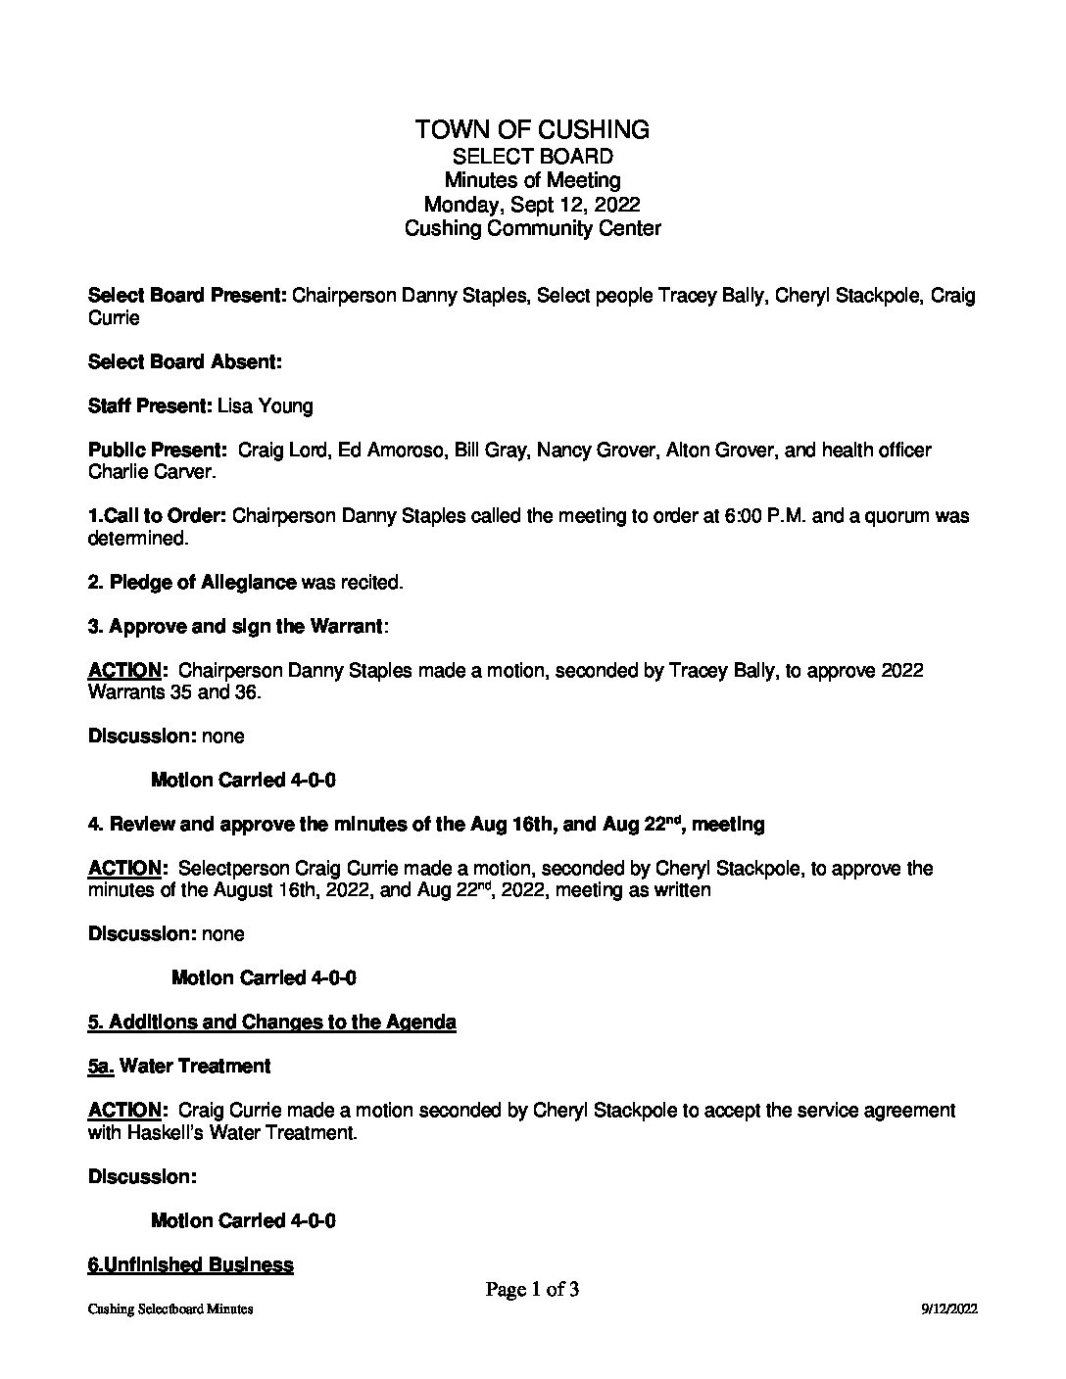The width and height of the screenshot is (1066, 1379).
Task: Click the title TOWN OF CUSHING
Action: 532,129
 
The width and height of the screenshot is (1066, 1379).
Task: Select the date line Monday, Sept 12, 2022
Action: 532,205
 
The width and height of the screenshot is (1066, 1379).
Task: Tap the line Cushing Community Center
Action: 532,229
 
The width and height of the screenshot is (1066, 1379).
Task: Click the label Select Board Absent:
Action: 185,362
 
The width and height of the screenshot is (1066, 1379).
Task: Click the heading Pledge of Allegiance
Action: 203,583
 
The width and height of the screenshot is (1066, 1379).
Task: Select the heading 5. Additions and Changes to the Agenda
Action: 271,1022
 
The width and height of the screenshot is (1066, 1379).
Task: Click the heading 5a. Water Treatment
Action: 179,1066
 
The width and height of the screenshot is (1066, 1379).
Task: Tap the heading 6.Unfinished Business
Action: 190,1265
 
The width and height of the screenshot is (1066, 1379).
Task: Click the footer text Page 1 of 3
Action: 532,1290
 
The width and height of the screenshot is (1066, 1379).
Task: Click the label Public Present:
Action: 158,451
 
